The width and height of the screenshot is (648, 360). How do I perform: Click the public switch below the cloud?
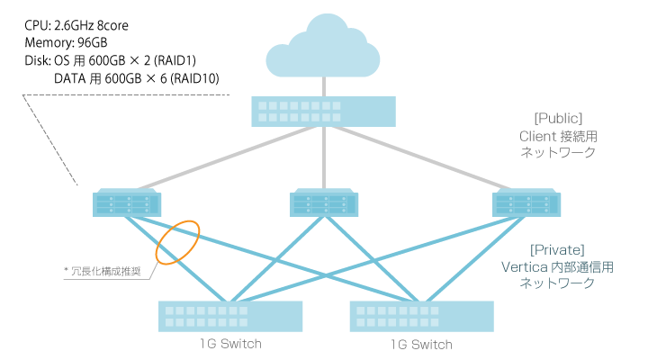324,111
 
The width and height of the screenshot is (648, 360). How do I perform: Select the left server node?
128,203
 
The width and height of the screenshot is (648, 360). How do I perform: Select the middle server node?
323,203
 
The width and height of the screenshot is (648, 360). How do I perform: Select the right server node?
526,203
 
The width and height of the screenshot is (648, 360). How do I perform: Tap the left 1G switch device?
231,316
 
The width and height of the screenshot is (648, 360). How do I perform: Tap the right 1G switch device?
422,316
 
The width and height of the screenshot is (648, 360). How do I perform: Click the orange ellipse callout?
176,241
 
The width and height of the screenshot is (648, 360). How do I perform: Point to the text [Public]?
558,118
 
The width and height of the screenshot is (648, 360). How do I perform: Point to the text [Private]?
558,249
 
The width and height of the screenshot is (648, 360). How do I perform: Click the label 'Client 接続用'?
558,136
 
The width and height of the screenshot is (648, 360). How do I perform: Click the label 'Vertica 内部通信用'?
558,266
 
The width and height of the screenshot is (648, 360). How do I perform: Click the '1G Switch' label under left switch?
230,344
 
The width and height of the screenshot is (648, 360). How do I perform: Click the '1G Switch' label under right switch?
422,344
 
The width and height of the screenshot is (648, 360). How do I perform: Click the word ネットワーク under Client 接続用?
558,153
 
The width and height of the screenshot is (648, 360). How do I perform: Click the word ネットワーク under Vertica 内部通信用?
558,283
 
